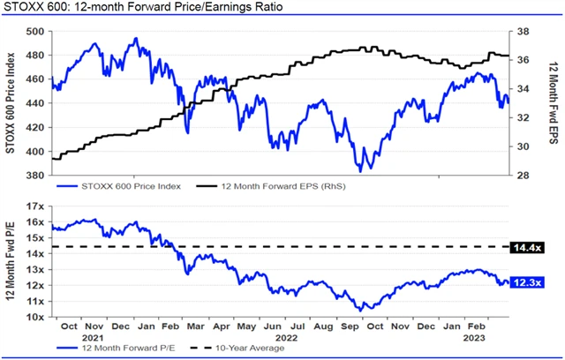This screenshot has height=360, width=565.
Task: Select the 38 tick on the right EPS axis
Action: point(523,31)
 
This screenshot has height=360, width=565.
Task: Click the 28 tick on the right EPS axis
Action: point(523,175)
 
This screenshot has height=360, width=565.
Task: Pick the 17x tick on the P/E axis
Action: point(35,206)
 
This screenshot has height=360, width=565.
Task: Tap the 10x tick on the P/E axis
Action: point(35,315)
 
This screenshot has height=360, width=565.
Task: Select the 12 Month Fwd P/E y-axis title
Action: point(11,262)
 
